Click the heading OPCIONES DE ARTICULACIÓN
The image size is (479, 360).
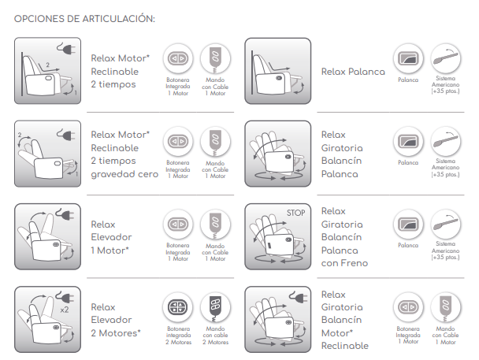[84, 19]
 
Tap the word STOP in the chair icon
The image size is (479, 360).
[295, 213]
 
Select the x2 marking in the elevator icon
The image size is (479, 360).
[65, 310]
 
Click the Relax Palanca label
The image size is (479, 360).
[353, 72]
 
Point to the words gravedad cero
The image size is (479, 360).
[124, 174]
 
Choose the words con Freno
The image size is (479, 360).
[344, 263]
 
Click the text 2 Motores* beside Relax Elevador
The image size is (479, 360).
[116, 333]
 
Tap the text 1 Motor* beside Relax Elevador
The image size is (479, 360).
[110, 251]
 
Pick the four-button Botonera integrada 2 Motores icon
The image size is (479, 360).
[178, 307]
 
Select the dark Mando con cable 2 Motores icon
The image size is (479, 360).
[215, 307]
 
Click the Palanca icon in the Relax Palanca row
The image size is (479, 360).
[408, 58]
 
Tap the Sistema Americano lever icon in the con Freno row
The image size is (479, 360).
[446, 225]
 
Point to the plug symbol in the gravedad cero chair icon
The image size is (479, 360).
[66, 135]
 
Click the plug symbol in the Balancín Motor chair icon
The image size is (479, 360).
[299, 297]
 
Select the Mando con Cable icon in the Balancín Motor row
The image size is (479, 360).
[446, 307]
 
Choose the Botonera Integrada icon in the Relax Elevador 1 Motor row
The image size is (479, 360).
[178, 225]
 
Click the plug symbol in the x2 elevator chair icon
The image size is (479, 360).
[65, 297]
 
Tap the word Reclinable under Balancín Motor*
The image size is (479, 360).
[345, 346]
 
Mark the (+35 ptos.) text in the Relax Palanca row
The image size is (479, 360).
[445, 91]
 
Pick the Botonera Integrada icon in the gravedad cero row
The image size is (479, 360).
[178, 141]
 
